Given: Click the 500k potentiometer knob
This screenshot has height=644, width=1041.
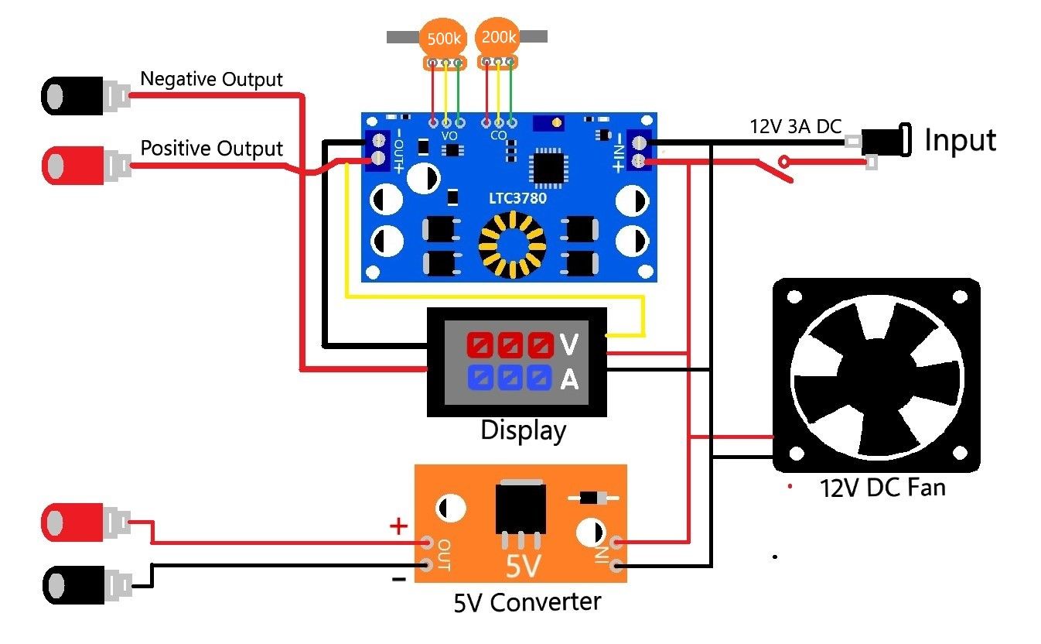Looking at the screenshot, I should [442, 38].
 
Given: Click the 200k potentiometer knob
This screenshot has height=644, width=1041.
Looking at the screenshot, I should [497, 36].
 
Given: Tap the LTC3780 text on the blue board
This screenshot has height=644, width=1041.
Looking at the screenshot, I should [517, 198].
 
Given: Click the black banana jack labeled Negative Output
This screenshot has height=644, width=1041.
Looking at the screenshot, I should [73, 95].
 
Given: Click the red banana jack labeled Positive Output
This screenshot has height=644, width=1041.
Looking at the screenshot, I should [73, 164].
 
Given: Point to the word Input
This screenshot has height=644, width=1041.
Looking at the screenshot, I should [960, 141].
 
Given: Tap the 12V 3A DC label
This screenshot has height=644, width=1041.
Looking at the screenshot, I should [794, 126].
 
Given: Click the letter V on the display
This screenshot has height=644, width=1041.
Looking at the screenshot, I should [568, 344].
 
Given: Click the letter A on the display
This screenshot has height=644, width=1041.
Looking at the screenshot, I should [568, 379].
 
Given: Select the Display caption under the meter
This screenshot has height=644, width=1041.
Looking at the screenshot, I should [523, 430].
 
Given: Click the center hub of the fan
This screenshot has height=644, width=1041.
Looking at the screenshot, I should [876, 379].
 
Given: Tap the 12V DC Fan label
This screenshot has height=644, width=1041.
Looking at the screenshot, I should [882, 488].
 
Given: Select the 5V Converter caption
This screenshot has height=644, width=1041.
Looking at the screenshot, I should [527, 601].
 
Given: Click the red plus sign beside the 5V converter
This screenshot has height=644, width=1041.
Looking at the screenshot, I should [398, 527].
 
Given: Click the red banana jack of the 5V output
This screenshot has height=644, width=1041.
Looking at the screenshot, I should [73, 522].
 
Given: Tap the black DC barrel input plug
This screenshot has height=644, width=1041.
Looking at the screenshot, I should [882, 142].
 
